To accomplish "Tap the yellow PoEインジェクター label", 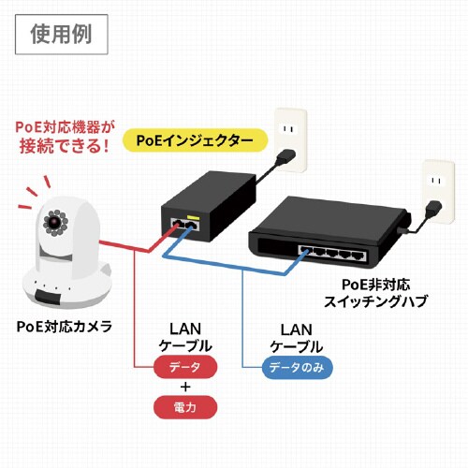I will [x=196, y=140].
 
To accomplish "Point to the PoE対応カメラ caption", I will [x=65, y=326].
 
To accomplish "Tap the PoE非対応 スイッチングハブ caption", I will [x=374, y=291].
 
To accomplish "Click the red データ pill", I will [x=184, y=367].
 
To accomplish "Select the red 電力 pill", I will [x=184, y=407].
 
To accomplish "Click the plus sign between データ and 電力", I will [x=184, y=388].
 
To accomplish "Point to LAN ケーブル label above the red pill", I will [x=184, y=337].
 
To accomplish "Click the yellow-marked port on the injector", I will [x=193, y=225].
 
